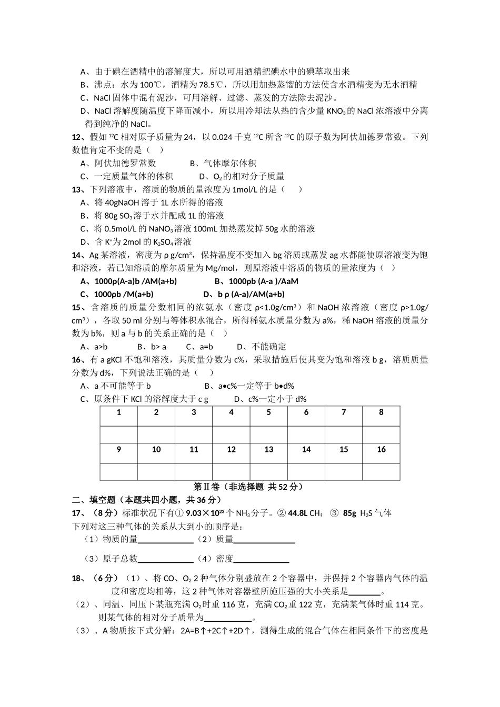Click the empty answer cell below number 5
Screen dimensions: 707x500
pyautogui.click(x=268, y=435)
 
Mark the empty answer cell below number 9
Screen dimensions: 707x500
pyautogui.click(x=119, y=471)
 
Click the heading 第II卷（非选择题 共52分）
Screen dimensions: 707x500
pyautogui.click(x=250, y=487)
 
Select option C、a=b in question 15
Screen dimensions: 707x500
pyautogui.click(x=199, y=347)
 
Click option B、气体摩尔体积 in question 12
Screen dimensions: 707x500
pyautogui.click(x=223, y=164)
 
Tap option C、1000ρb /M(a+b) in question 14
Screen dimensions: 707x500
pyautogui.click(x=117, y=295)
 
